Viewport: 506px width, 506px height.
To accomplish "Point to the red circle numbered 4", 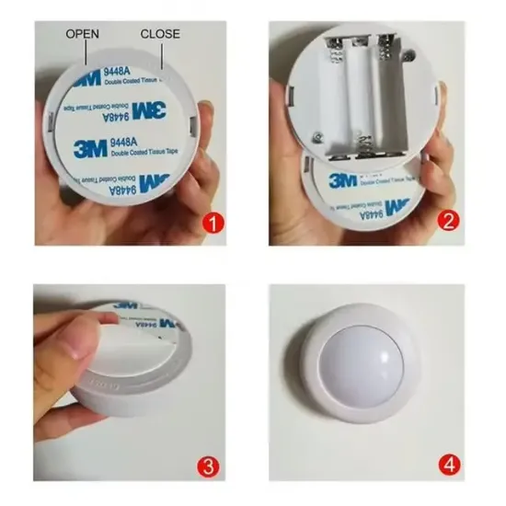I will point(449,466).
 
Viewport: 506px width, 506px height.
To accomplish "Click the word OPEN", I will point(83,34).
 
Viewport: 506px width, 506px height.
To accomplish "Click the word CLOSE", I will point(159,34).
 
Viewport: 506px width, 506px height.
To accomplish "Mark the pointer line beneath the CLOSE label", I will point(162,55).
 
